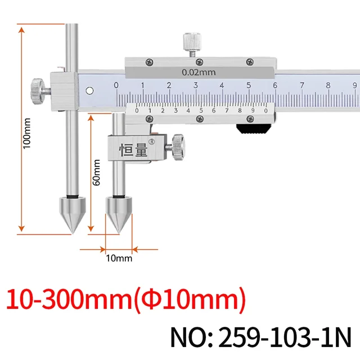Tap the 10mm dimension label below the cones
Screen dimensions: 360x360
pos(119,258)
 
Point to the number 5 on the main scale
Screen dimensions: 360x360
pos(248,85)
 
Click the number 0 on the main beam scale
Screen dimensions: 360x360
pos(116,85)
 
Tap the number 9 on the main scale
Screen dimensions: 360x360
pos(354,85)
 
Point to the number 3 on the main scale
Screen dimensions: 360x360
pos(195,85)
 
